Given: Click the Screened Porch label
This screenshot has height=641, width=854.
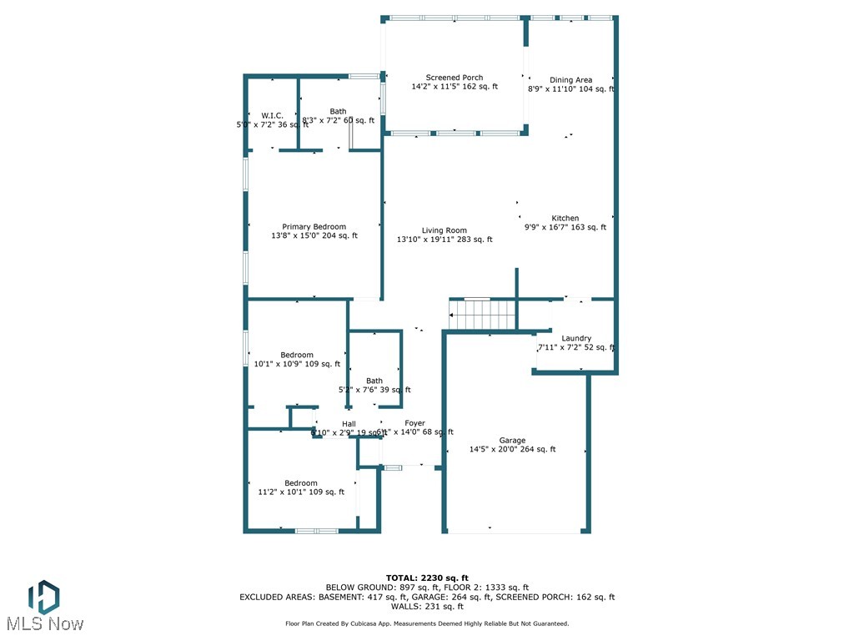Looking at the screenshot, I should (x=455, y=78).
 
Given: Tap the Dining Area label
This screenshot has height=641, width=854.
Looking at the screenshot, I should (x=570, y=80).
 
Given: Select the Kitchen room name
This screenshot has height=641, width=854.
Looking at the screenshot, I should (x=565, y=219).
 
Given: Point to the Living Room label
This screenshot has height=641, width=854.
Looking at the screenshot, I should (x=444, y=230).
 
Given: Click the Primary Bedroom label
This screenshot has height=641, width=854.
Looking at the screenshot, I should (x=314, y=227).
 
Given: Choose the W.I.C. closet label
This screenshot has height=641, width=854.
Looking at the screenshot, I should (x=272, y=116).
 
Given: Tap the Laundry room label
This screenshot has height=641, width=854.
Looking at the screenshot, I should (x=576, y=338).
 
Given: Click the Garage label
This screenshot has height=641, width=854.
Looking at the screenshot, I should (x=512, y=441).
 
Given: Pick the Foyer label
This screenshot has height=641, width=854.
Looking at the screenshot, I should (x=414, y=424).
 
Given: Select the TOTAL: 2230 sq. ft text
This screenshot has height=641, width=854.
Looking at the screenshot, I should (x=427, y=578).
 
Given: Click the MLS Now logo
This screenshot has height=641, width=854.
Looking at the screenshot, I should (x=44, y=605).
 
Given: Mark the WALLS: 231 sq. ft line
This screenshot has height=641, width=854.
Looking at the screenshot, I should (x=427, y=607).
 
